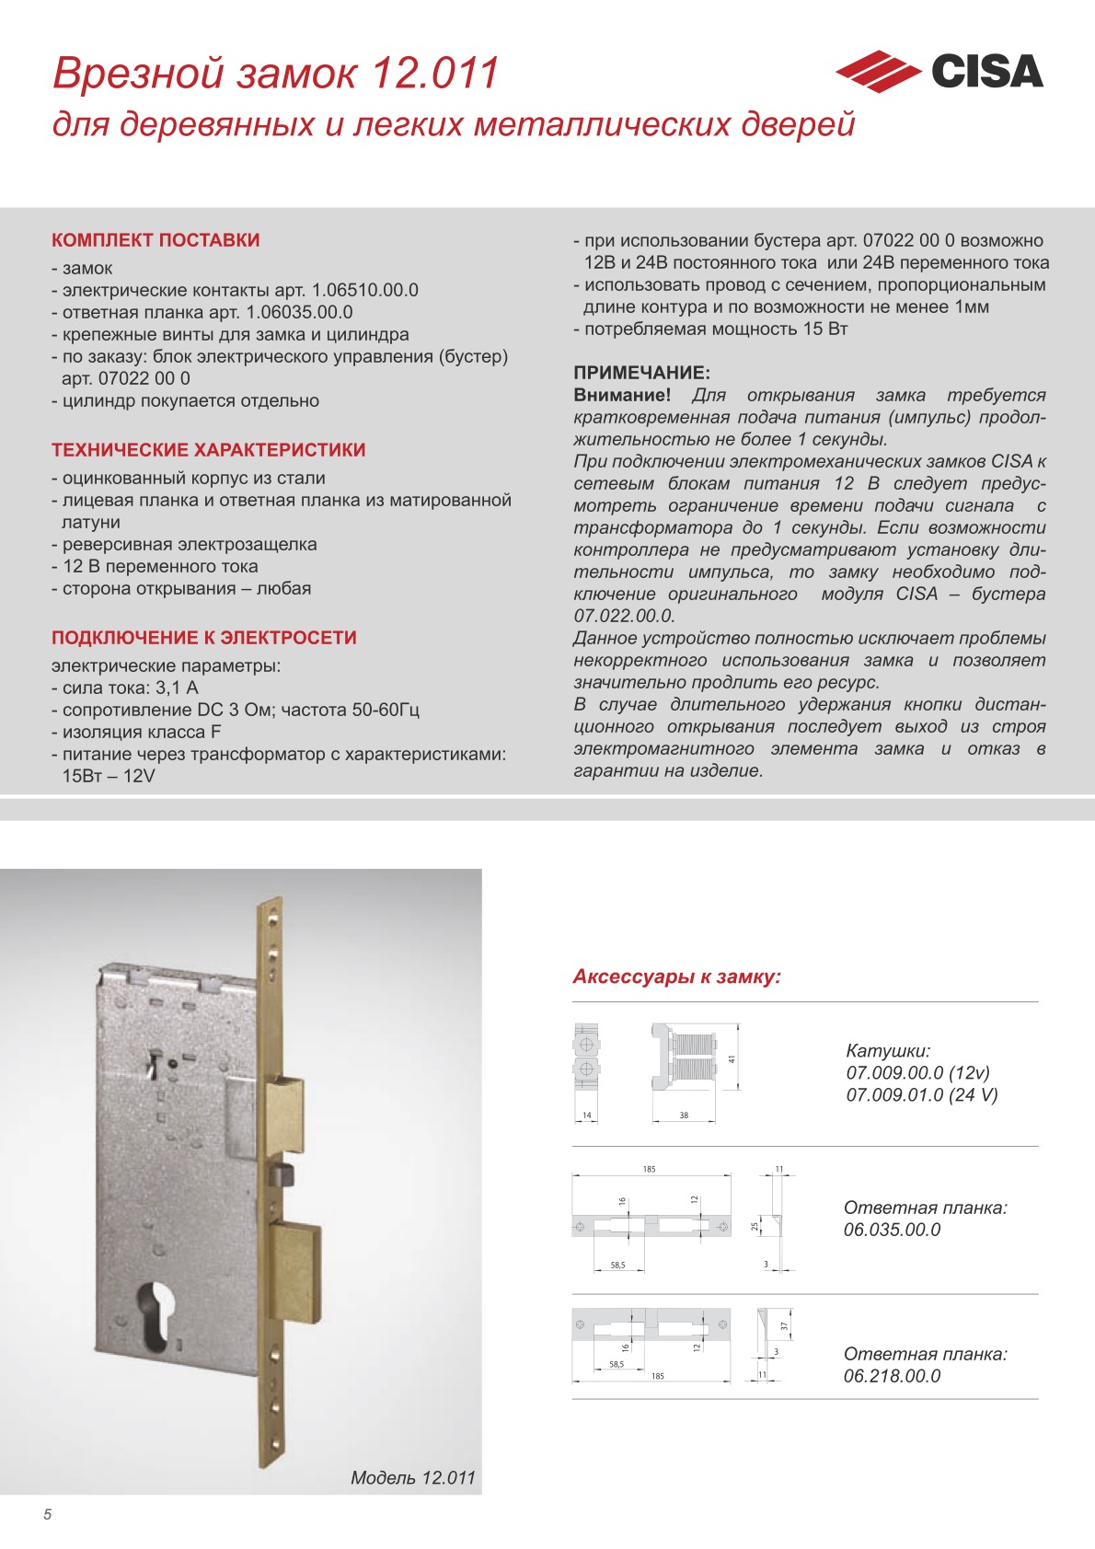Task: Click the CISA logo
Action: coord(939,72)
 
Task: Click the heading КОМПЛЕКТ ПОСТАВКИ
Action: coord(156,240)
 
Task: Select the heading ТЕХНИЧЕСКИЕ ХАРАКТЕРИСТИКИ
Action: coord(209,450)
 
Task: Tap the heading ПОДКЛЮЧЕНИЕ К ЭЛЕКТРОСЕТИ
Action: coord(204,638)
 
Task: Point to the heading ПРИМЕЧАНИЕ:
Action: coord(641,373)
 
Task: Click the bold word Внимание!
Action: coord(622,395)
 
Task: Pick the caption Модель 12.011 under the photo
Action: coord(412,1477)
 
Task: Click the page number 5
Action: coord(48,1514)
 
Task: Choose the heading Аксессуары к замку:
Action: coord(676,977)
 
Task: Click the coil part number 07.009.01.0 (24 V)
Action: coord(921,1094)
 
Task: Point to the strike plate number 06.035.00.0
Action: coord(892,1230)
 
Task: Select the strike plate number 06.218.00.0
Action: coord(892,1376)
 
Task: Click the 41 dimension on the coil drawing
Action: coord(732,1059)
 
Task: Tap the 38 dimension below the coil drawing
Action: coord(684,1116)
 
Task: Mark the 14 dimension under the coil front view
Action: coord(586,1116)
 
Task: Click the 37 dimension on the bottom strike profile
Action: coord(784,1326)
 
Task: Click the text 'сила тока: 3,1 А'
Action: coord(130,688)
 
